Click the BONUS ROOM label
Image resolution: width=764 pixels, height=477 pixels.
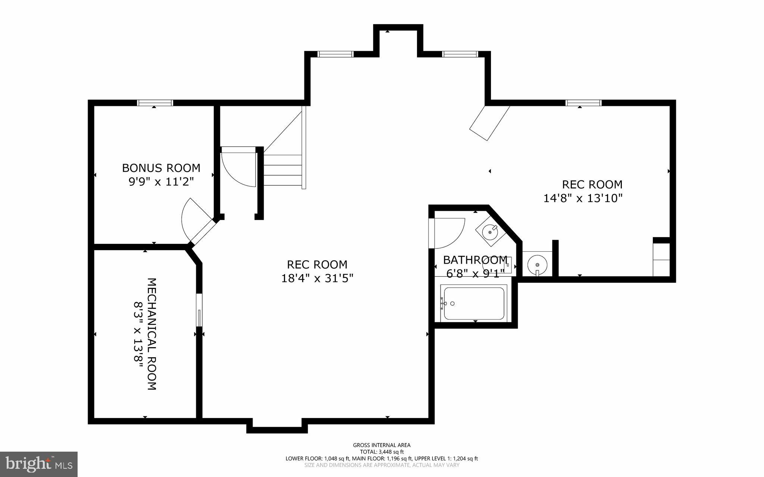161,168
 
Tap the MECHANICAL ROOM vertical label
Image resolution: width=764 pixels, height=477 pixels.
151,334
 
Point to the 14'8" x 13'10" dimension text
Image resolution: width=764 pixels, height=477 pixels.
583,198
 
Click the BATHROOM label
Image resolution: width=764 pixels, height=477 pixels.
475,260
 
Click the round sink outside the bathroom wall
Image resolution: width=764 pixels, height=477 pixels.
537,264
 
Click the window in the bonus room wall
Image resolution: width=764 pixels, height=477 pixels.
155,103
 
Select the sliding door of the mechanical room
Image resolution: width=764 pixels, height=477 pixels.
199,310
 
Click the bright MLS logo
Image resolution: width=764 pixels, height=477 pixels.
39,464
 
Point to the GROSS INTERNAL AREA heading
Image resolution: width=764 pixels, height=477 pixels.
382,445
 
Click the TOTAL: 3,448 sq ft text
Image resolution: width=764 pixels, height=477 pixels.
382,452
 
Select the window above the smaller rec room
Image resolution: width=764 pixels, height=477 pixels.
583,103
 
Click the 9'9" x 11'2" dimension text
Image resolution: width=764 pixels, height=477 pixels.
161,182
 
